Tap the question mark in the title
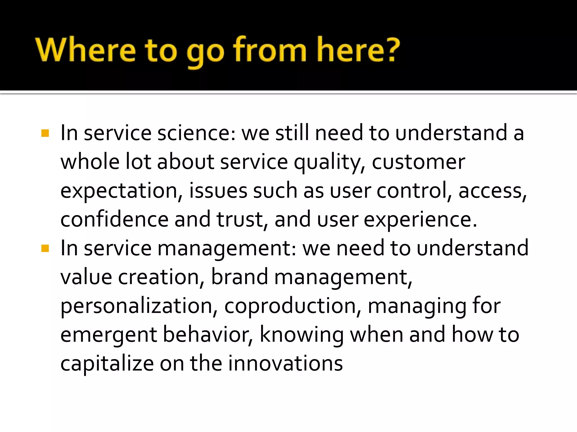[389, 50]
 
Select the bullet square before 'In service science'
[45, 133]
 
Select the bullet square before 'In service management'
[45, 249]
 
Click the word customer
[418, 162]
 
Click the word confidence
[114, 220]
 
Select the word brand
[239, 277]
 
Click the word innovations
[285, 363]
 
